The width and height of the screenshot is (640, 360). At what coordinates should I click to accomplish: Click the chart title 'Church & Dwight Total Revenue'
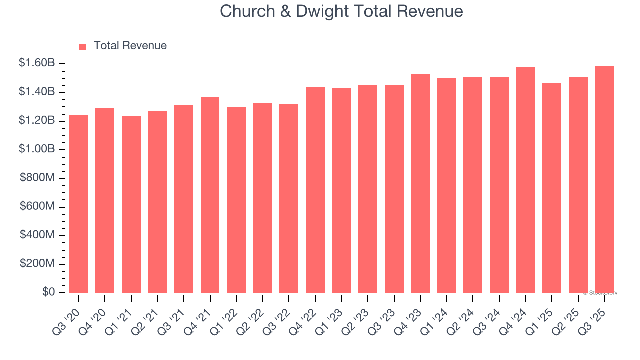(x=341, y=11)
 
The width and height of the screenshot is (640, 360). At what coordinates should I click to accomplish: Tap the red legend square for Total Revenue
(x=83, y=46)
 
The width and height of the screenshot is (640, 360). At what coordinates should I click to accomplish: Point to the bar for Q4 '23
(x=420, y=183)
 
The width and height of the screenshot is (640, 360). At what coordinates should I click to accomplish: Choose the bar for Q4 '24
(x=525, y=180)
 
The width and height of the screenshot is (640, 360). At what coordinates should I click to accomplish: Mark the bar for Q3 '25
(x=604, y=179)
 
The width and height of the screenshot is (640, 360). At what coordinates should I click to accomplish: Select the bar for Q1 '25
(x=552, y=188)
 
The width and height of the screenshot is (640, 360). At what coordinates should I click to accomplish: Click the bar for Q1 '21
(x=131, y=204)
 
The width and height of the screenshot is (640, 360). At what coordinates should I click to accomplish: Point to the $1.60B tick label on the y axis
(x=36, y=63)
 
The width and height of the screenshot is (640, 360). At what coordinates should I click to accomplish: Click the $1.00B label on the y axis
(x=36, y=149)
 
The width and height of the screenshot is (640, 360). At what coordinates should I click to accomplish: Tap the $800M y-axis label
(x=37, y=178)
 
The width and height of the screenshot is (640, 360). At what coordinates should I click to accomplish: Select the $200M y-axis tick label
(x=37, y=263)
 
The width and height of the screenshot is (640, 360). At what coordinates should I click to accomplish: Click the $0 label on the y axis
(x=48, y=292)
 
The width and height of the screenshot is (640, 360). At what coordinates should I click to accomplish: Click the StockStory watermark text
(x=600, y=293)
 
